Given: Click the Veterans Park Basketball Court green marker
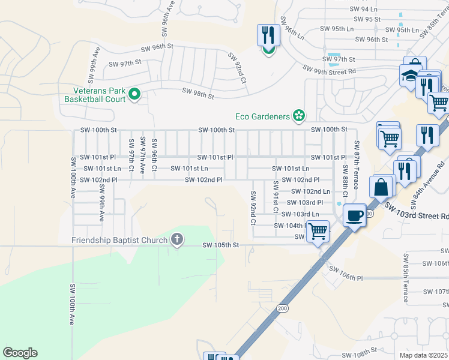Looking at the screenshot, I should (134, 94).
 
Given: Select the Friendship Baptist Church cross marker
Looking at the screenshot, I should (176, 240).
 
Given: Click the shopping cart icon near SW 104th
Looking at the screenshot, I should (318, 230).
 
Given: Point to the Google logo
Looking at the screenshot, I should (20, 353).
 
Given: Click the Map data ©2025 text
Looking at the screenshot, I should (424, 355).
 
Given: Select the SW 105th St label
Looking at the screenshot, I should (220, 245).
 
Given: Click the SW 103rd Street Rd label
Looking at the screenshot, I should (417, 211).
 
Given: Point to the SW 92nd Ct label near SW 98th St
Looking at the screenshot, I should (237, 67).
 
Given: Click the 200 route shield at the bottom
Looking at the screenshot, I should (282, 308).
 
